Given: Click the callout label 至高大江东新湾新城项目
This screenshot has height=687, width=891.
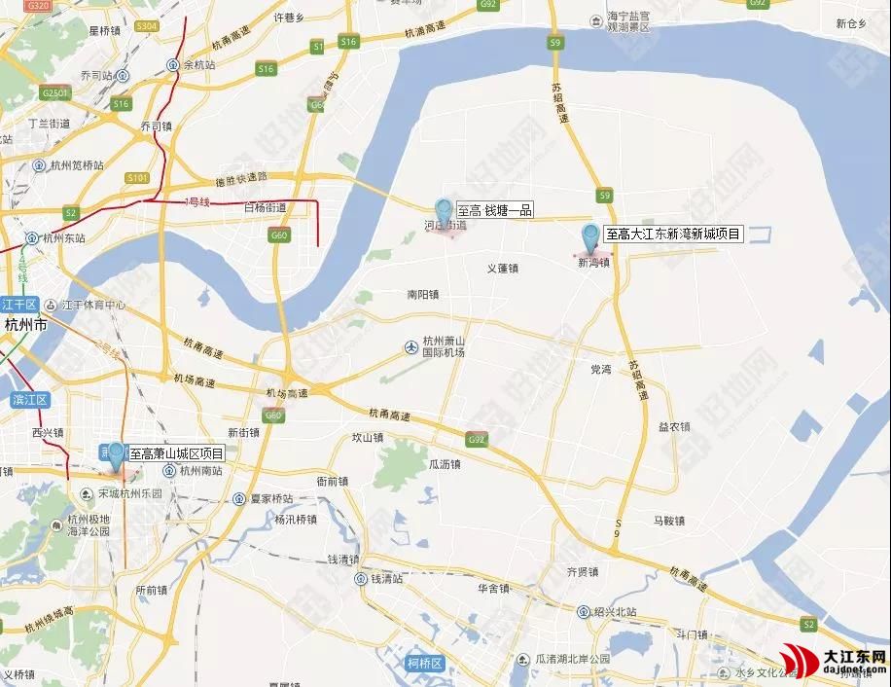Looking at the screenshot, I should (x=673, y=234).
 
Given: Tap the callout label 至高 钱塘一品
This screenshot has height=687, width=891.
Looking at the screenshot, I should (x=494, y=210).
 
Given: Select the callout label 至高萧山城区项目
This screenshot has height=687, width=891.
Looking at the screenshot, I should (x=177, y=453).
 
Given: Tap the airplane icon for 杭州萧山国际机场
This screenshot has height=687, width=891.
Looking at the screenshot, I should (x=411, y=345).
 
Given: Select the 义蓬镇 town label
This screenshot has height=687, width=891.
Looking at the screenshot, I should (x=503, y=269).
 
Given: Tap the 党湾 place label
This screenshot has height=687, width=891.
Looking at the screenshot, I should (x=601, y=370).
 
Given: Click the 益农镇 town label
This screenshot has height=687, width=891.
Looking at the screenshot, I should (x=674, y=426).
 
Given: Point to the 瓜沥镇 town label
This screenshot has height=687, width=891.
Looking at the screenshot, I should (x=445, y=465).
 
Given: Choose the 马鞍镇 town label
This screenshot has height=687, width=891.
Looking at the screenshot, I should (x=669, y=521).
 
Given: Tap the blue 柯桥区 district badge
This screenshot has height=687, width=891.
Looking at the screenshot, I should (x=425, y=664).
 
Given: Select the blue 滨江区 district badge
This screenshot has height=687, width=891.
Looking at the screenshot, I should (x=29, y=400).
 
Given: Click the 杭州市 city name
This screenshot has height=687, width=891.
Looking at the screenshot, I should (x=25, y=324).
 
